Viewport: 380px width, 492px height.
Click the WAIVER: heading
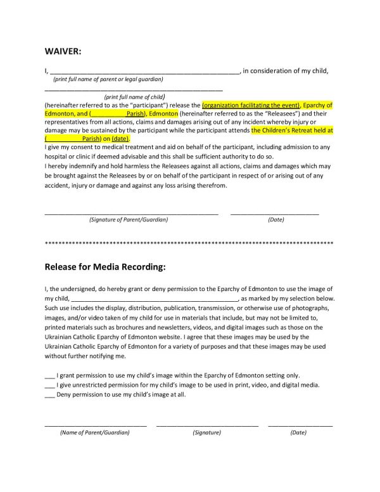tap(63, 51)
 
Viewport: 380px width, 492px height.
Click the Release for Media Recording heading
tap(105, 267)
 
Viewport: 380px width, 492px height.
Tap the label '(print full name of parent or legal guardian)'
tap(108, 79)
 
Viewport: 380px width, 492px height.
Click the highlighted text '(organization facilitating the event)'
tap(250, 105)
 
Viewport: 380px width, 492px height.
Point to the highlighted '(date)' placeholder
tap(120, 138)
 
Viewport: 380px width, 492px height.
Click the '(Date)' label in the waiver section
tap(275, 219)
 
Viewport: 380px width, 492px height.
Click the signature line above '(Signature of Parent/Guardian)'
tap(131, 212)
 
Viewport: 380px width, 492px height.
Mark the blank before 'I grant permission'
tap(49, 375)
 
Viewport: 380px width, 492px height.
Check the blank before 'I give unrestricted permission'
tap(49, 384)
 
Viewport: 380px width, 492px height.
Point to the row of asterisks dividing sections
tap(189, 243)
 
